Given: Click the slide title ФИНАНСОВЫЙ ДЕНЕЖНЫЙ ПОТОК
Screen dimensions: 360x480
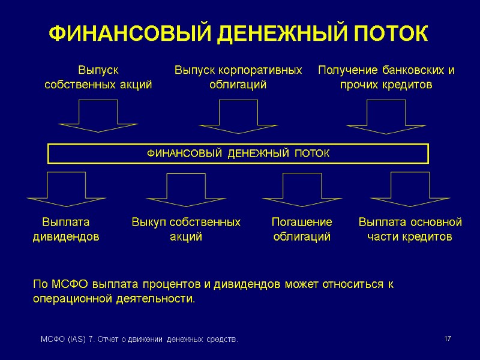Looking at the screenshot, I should pyautogui.click(x=238, y=33).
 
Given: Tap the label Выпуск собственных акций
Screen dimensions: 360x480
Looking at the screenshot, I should pyautogui.click(x=98, y=77).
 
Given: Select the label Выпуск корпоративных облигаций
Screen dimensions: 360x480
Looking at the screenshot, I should pyautogui.click(x=238, y=77).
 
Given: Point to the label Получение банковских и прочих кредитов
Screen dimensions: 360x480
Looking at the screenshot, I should pyautogui.click(x=386, y=77).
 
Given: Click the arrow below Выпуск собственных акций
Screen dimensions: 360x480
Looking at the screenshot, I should pyautogui.click(x=98, y=116).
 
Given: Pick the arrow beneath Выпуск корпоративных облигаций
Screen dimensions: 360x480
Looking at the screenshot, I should pyautogui.click(x=238, y=116).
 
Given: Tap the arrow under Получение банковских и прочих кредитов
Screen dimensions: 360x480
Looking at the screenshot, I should pyautogui.click(x=386, y=116).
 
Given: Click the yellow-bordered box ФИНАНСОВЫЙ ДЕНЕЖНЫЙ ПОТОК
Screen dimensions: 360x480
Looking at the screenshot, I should pyautogui.click(x=238, y=154).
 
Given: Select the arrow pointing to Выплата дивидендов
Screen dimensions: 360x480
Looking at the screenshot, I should pyautogui.click(x=65, y=188).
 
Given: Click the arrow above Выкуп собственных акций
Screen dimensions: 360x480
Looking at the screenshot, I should pyautogui.click(x=185, y=188).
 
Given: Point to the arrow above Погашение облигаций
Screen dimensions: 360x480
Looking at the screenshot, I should pyautogui.click(x=302, y=188).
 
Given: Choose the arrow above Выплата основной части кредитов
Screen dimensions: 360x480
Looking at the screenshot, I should pyautogui.click(x=410, y=188).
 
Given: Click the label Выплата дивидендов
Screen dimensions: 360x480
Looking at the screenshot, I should pyautogui.click(x=65, y=229).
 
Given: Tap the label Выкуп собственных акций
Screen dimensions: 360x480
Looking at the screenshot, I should pyautogui.click(x=185, y=229).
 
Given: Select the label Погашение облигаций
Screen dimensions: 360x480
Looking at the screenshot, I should pyautogui.click(x=302, y=229).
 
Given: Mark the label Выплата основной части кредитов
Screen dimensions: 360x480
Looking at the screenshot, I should pyautogui.click(x=410, y=229).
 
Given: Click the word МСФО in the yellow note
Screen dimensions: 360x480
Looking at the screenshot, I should pyautogui.click(x=61, y=283).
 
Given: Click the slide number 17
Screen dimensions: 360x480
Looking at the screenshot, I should pyautogui.click(x=447, y=340).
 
